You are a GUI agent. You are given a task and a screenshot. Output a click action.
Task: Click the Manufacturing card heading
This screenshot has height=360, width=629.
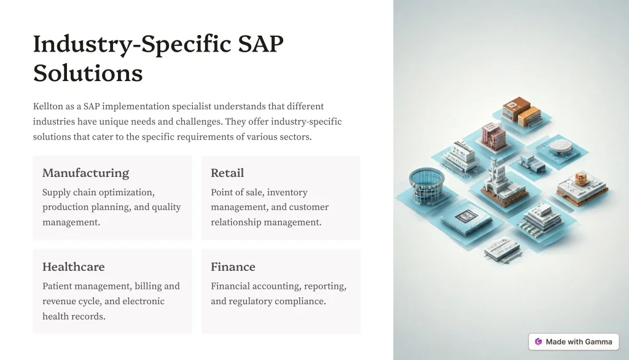pos(86,173)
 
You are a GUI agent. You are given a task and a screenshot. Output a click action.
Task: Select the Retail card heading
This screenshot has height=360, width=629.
pos(227,173)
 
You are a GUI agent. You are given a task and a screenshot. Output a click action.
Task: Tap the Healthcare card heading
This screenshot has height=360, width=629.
pos(74,267)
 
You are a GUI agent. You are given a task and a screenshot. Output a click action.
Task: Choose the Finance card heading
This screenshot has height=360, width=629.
pos(233,267)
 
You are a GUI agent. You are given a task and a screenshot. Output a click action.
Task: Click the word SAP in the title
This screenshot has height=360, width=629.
pos(260,44)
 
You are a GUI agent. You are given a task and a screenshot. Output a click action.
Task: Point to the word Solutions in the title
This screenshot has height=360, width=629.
pos(88,73)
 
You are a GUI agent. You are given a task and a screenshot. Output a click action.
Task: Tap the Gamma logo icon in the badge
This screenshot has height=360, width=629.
pos(538,342)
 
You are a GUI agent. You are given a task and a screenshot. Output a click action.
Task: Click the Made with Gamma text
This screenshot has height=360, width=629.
pos(579,342)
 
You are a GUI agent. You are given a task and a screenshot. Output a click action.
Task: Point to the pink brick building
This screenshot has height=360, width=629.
pos(493,136)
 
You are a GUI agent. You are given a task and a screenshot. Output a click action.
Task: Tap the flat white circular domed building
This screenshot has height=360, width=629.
pos(561,147)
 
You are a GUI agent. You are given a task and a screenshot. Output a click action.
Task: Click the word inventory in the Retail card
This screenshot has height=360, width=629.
pos(287,193)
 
